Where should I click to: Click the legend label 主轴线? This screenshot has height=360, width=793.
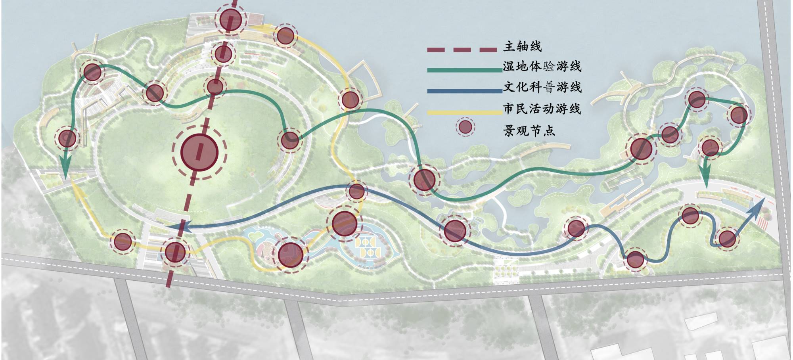(x=522, y=46)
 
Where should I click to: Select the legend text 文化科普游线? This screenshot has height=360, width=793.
(x=542, y=87)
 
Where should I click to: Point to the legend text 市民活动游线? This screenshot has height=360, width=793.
(x=542, y=108)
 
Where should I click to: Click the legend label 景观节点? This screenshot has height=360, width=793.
(x=529, y=130)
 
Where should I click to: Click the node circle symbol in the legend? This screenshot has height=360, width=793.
(x=465, y=127)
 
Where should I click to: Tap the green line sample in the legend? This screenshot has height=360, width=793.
(x=464, y=70)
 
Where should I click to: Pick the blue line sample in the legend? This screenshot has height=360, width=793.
(x=464, y=91)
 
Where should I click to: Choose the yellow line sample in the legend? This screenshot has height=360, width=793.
(x=464, y=113)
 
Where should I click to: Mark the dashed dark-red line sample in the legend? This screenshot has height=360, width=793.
(x=462, y=50)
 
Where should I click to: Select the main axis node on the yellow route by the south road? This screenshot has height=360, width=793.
(x=175, y=252)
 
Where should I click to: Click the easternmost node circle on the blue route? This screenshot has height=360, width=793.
(x=727, y=239)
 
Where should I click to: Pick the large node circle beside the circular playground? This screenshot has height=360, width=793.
(x=291, y=255)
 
